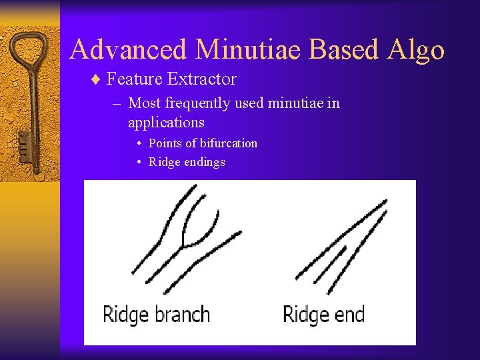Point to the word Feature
(135, 79)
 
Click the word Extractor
(202, 79)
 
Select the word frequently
(198, 103)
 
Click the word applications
(166, 123)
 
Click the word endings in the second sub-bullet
(205, 162)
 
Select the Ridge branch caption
(156, 313)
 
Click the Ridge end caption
(323, 313)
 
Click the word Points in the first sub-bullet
(165, 143)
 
